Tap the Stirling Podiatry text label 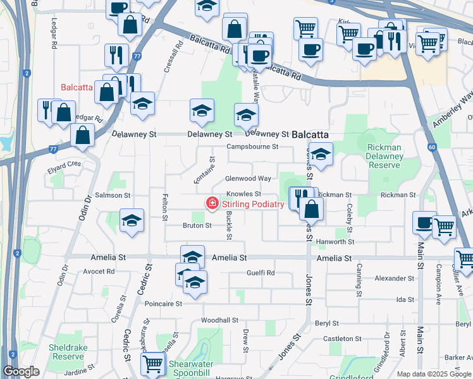[252, 203]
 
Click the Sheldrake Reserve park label [68, 352]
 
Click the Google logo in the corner [21, 371]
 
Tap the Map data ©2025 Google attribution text [434, 374]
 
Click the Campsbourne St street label [253, 147]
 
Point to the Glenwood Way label [249, 179]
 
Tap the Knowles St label [244, 194]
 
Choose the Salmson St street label [112, 196]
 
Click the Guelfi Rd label [261, 273]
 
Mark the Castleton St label [342, 339]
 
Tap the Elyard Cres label [64, 164]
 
